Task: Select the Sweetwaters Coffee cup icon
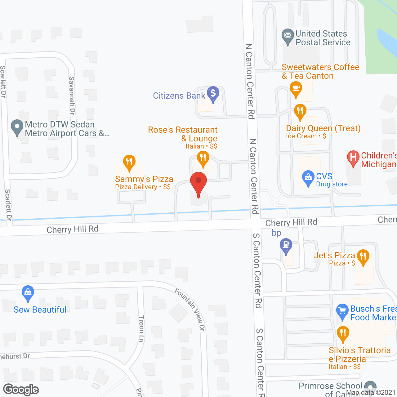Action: point(296,89)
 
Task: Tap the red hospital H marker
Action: point(353,158)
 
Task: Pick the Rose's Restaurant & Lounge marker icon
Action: point(203,158)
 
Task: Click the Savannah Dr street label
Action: point(72,96)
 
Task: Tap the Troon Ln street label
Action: point(141,329)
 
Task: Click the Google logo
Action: point(21,390)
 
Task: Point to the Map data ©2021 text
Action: point(371,393)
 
